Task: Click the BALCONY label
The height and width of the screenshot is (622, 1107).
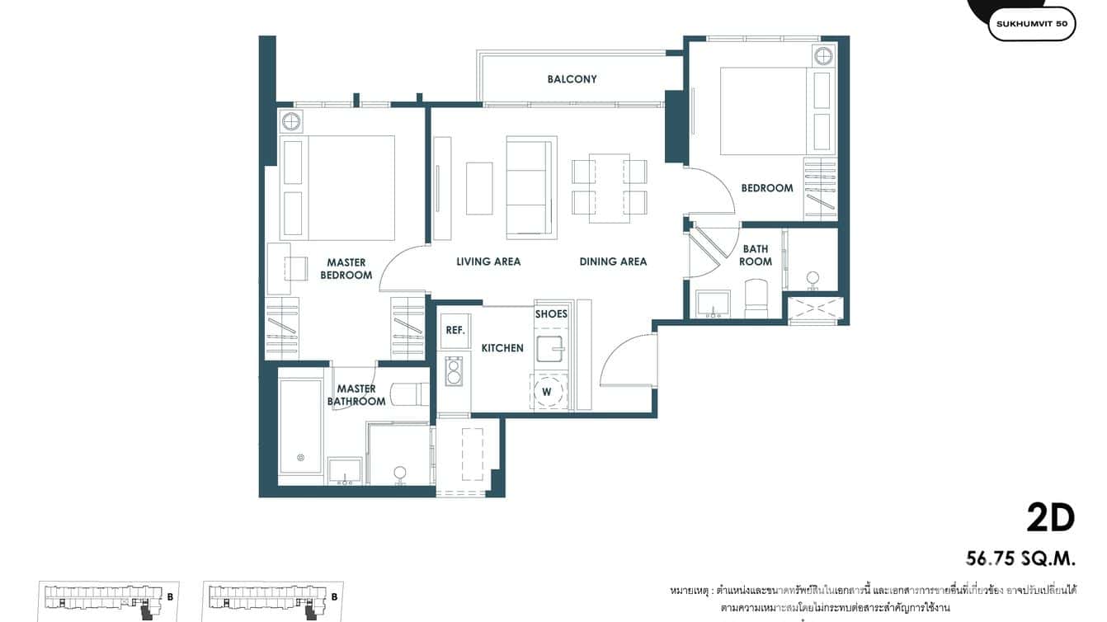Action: point(572,79)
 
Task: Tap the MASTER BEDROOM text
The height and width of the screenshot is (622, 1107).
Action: point(346,269)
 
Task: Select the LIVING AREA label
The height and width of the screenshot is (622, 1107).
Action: point(488,262)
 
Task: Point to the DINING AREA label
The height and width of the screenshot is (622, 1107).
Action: point(613,262)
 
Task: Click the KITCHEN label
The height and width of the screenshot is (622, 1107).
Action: point(502,348)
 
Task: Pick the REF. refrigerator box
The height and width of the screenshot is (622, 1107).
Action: point(455,330)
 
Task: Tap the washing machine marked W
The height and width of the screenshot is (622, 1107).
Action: point(546,392)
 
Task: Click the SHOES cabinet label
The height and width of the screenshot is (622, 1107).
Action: point(551,314)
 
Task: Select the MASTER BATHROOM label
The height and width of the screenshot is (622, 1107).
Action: point(356,395)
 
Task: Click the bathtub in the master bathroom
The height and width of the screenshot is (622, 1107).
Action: point(300,426)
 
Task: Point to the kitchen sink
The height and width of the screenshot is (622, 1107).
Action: point(550,349)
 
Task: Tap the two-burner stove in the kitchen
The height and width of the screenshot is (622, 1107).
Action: point(454,370)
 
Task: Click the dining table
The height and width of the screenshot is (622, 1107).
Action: point(610,188)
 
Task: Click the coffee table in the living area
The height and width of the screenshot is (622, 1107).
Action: point(479,188)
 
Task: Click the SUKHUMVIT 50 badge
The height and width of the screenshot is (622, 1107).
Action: point(1031,24)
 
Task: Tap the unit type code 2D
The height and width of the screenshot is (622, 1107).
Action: point(1050,518)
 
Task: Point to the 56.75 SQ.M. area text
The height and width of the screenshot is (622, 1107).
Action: point(1021,559)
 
